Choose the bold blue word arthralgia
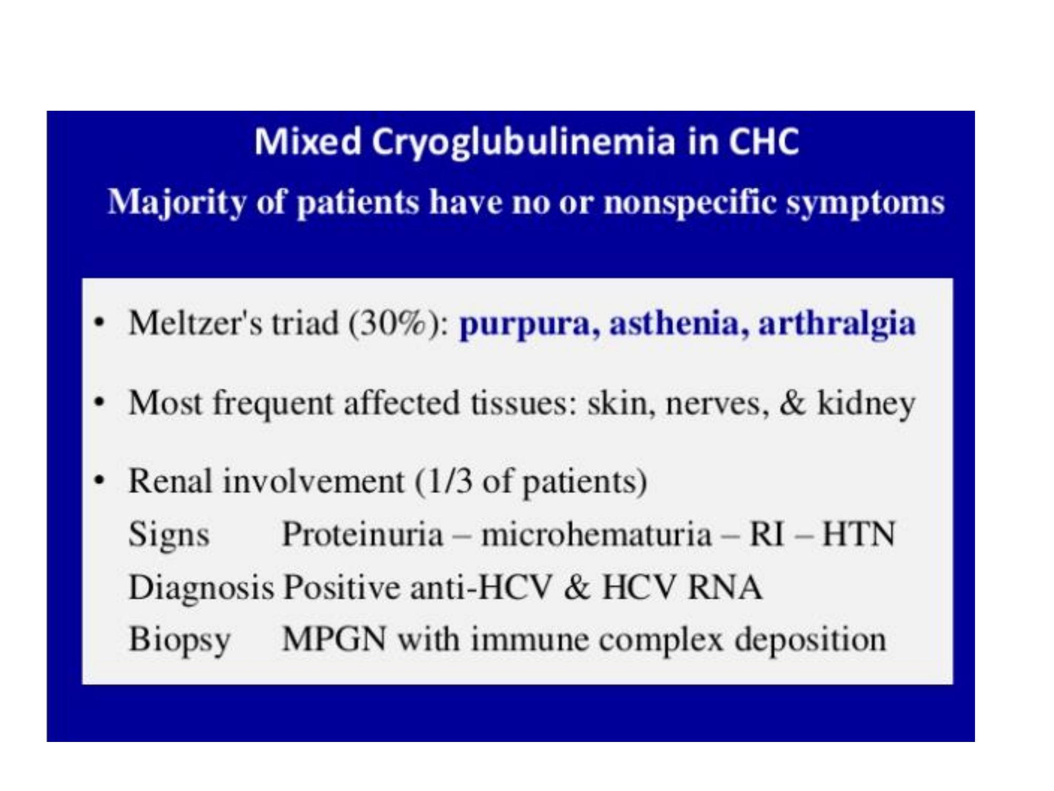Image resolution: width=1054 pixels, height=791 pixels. [x=837, y=325]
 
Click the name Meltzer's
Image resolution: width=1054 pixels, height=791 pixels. [x=196, y=323]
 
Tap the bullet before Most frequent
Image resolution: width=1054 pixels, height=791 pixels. [x=99, y=402]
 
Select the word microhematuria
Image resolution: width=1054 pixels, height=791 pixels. [x=597, y=534]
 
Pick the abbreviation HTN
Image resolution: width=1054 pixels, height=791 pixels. [x=859, y=534]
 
